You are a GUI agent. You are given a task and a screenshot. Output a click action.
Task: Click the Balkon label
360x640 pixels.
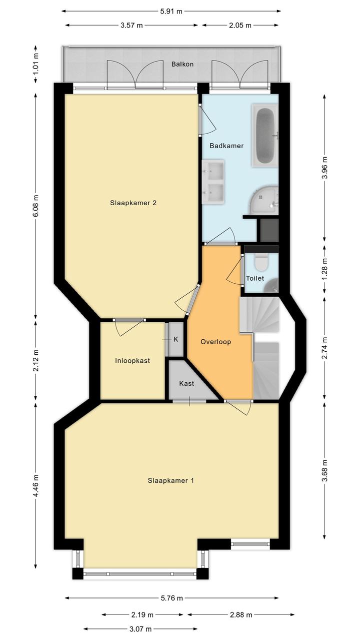182,64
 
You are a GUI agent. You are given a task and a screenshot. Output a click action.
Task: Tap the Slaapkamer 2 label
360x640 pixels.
133,203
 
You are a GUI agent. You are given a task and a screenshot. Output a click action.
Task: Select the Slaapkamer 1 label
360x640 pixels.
170,480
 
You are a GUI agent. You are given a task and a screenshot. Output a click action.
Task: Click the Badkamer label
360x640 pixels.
226,146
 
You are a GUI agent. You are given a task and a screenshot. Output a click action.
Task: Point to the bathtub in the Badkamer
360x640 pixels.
264,135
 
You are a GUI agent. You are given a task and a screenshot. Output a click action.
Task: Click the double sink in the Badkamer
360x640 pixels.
213,182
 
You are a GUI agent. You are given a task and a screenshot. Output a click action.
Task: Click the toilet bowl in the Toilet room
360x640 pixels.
261,263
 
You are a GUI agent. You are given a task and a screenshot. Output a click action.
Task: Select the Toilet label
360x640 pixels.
255,278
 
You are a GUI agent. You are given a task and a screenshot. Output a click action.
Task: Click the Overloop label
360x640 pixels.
215,342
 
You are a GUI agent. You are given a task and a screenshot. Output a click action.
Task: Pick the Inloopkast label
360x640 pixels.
132,361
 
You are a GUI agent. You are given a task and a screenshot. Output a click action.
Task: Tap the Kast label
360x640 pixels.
186,383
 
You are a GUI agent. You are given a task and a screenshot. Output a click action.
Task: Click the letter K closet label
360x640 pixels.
176,339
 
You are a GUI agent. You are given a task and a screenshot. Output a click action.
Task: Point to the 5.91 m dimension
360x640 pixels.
171,12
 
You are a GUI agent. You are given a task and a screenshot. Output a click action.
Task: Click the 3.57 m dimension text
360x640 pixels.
131,25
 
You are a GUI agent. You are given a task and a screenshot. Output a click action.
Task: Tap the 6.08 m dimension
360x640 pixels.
35,206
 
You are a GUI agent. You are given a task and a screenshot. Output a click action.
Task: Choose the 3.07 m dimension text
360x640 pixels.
140,629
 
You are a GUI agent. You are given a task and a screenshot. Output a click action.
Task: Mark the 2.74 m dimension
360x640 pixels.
324,348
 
